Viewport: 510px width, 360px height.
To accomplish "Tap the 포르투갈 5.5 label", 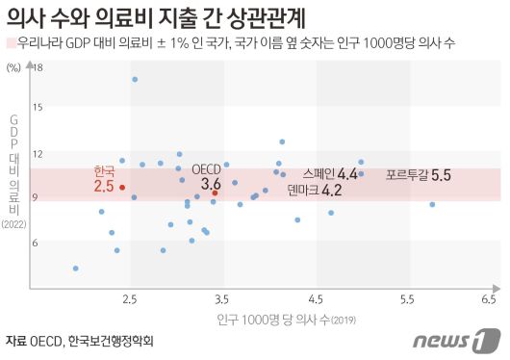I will pyautogui.click(x=418, y=175).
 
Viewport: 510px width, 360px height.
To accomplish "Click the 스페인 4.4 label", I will pyautogui.click(x=329, y=174).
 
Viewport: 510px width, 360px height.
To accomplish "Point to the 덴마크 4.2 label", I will pyautogui.click(x=314, y=191).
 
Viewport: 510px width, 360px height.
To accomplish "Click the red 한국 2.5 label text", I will pyautogui.click(x=103, y=178).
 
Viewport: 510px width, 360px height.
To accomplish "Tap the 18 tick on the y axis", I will pyautogui.click(x=38, y=67).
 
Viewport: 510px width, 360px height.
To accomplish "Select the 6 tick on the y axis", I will pyautogui.click(x=38, y=242).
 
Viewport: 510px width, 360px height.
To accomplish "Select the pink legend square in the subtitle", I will pyautogui.click(x=10, y=43).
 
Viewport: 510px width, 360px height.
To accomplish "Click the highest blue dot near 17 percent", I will pyautogui.click(x=134, y=79).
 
